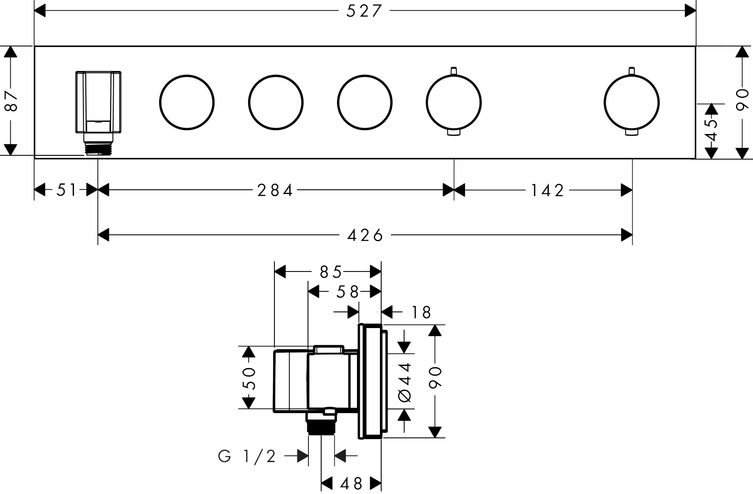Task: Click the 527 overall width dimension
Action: pyautogui.click(x=364, y=11)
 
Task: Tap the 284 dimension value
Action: pyautogui.click(x=275, y=190)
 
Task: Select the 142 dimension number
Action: pyautogui.click(x=547, y=190)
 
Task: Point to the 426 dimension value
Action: pyautogui.click(x=365, y=235)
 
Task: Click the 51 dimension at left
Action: pyautogui.click(x=66, y=190)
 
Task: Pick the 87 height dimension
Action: pyautogui.click(x=11, y=101)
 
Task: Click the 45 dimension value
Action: pyautogui.click(x=711, y=130)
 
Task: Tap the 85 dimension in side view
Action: pyautogui.click(x=331, y=271)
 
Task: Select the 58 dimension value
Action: pyautogui.click(x=348, y=292)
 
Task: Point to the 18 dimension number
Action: pyautogui.click(x=421, y=313)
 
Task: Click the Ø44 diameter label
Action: pyautogui.click(x=405, y=382)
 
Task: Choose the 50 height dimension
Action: pyautogui.click(x=249, y=378)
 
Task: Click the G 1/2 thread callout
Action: pyautogui.click(x=247, y=457)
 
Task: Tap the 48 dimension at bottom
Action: pyautogui.click(x=351, y=483)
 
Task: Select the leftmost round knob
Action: pyautogui.click(x=187, y=102)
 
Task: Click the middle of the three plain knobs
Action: pyautogui.click(x=276, y=102)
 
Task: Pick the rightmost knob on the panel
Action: pyautogui.click(x=631, y=102)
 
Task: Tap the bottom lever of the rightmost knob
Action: pyautogui.click(x=631, y=133)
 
